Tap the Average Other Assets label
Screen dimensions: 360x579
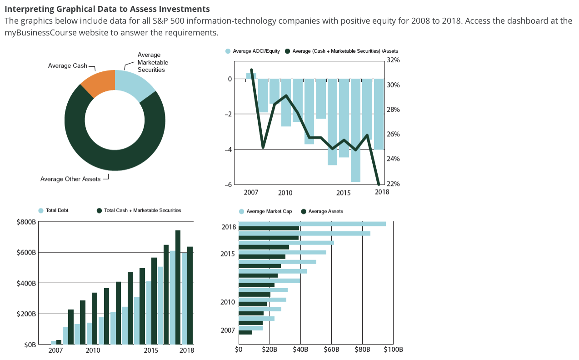70,179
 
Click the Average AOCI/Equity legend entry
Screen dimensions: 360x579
256,51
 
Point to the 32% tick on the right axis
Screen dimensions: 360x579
393,60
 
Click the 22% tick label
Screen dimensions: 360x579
393,184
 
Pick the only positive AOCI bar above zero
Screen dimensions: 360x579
251,76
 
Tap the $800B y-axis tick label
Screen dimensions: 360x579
26,222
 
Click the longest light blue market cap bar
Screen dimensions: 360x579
312,224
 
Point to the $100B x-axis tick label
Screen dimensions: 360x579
393,350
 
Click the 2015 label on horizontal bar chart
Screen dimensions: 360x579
227,254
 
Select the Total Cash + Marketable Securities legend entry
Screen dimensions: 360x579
142,210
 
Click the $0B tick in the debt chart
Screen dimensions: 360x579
30,345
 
